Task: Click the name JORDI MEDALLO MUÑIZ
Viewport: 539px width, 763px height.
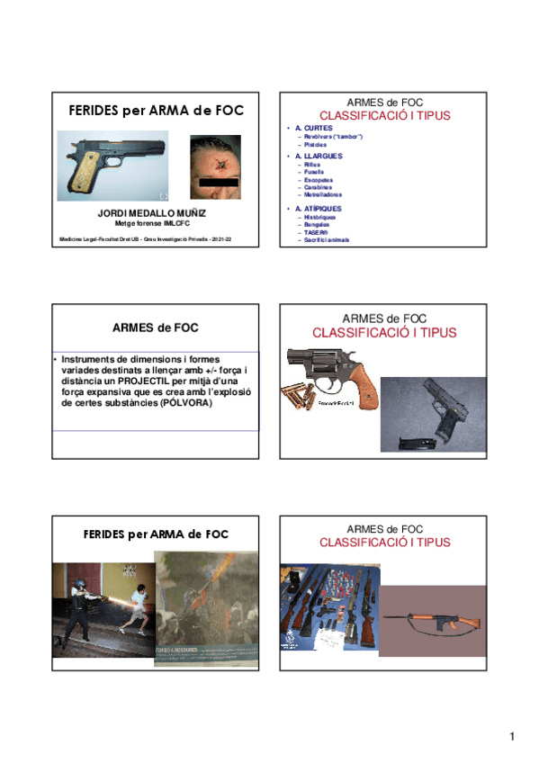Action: [x=151, y=212]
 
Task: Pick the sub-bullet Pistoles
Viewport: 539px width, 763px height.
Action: [x=315, y=144]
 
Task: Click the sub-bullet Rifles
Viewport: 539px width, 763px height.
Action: [x=312, y=165]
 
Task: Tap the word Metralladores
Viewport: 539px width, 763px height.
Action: [x=323, y=194]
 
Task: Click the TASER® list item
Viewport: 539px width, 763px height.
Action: [x=316, y=231]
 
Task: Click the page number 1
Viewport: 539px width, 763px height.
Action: [x=512, y=738]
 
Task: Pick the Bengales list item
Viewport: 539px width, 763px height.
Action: [x=317, y=224]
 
